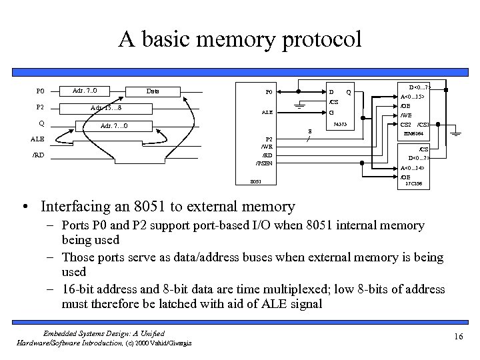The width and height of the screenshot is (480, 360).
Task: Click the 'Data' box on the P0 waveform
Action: click(153, 91)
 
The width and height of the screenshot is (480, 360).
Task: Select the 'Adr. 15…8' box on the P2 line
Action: click(105, 108)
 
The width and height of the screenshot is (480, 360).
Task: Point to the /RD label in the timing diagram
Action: click(39, 155)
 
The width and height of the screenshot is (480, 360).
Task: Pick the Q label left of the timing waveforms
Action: click(41, 123)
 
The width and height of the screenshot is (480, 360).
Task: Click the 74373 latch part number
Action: click(340, 125)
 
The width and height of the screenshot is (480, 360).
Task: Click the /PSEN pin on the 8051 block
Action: click(264, 163)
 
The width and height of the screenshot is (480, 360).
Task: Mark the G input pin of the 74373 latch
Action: click(331, 112)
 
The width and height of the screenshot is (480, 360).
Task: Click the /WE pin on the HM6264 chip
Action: click(405, 115)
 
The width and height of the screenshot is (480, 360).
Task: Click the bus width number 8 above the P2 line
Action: click(309, 131)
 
